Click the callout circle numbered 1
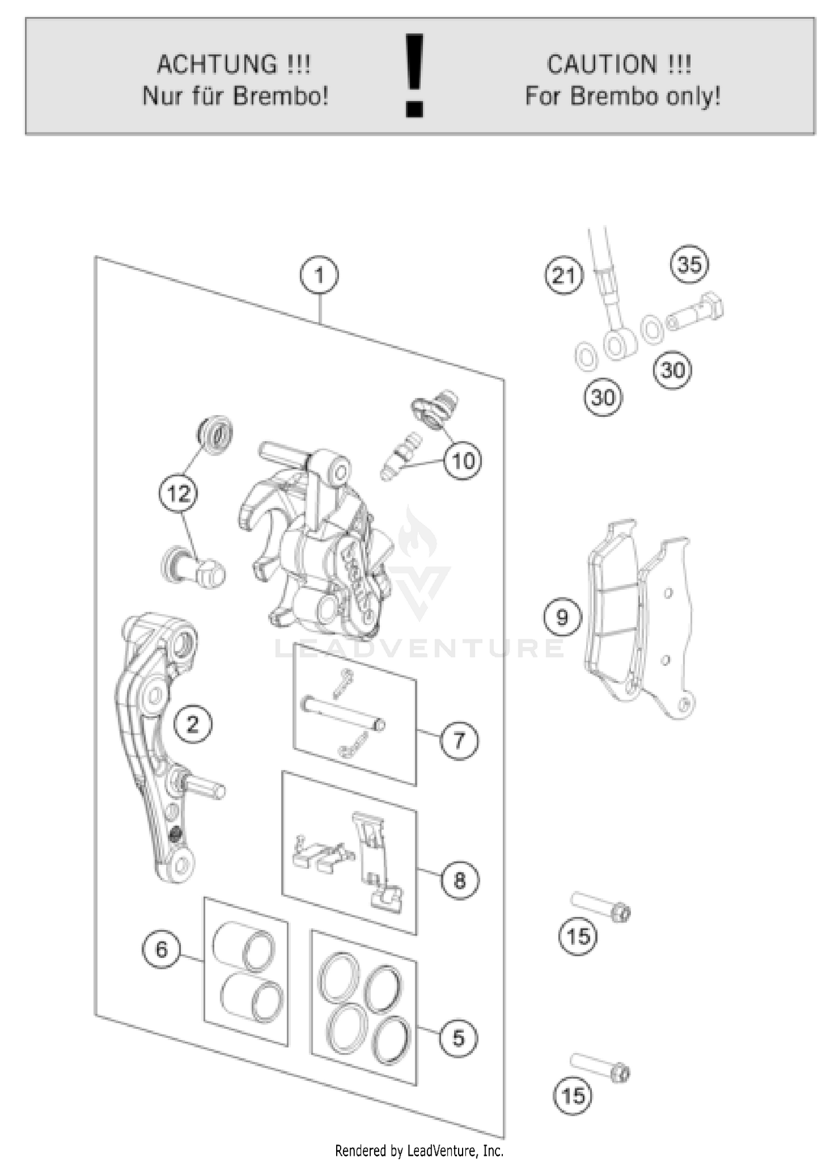pyautogui.click(x=319, y=275)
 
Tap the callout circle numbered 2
pyautogui.click(x=192, y=725)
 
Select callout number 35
pyautogui.click(x=689, y=264)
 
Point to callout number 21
pyautogui.click(x=564, y=275)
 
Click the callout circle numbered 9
pyautogui.click(x=562, y=617)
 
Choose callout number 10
pyautogui.click(x=463, y=461)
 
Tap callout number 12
pyautogui.click(x=178, y=493)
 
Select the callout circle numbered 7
pyautogui.click(x=459, y=741)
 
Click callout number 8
pyautogui.click(x=459, y=881)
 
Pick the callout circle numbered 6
pyautogui.click(x=162, y=949)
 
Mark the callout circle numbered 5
pyautogui.click(x=458, y=1038)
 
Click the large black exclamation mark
pyautogui.click(x=414, y=75)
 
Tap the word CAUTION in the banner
pyautogui.click(x=601, y=64)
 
